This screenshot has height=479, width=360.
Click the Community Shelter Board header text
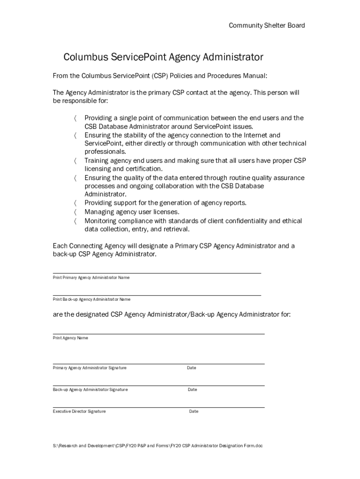point(266,25)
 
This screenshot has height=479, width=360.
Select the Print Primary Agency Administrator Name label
point(91,278)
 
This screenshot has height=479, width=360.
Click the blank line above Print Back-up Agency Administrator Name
point(157,295)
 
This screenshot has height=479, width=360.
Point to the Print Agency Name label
point(70,338)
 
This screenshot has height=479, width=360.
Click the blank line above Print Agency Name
point(158,334)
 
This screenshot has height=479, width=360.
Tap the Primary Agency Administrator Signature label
point(89,368)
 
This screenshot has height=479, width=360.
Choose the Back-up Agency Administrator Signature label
point(90,390)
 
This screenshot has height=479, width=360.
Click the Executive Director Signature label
point(79,412)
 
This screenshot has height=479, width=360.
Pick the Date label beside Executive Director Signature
point(194,412)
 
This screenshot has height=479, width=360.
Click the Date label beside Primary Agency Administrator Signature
point(192,368)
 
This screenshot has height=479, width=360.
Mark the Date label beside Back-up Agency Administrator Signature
point(193,390)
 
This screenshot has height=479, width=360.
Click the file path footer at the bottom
point(158,446)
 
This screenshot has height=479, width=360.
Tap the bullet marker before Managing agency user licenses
point(75,212)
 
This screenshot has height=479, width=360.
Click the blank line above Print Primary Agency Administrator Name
point(157,273)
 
